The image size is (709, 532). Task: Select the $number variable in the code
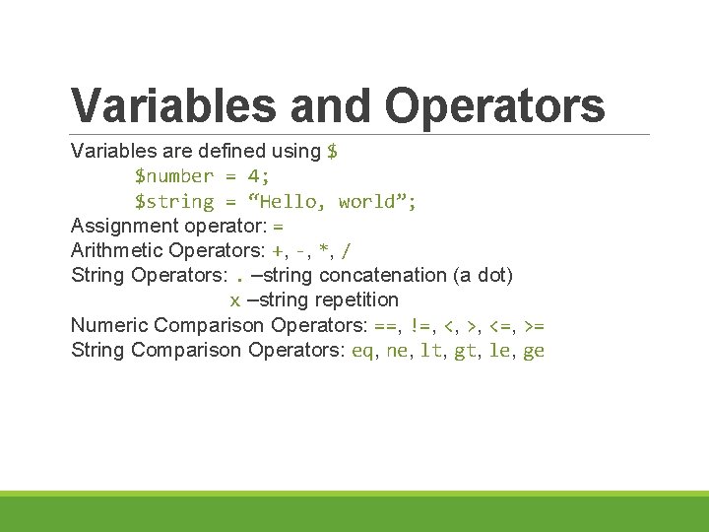coord(174,176)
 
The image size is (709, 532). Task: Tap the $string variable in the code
coord(174,202)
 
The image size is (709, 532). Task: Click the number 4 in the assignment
coord(253,176)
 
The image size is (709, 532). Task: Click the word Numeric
coord(108,325)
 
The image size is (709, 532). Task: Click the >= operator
coord(536,325)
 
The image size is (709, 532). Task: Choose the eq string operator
coord(362,351)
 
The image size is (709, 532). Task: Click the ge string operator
coord(534,351)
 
